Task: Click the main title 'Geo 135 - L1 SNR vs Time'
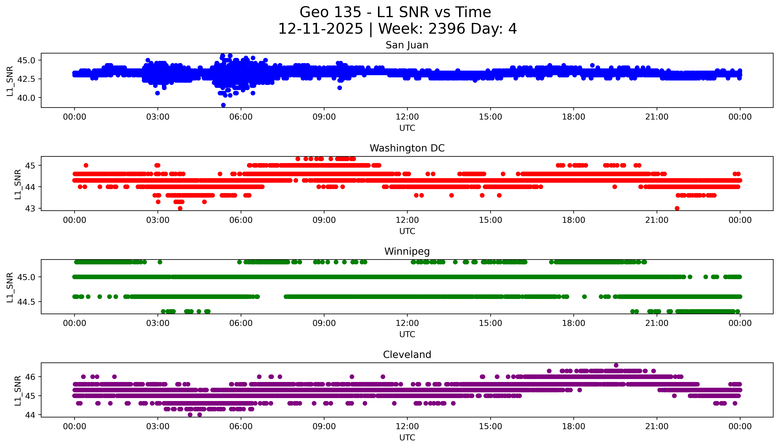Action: click(395, 12)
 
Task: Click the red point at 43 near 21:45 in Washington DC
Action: click(677, 208)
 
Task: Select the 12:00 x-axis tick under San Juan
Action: click(407, 117)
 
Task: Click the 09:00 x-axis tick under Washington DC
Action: click(324, 220)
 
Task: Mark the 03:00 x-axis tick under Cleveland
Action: click(158, 426)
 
